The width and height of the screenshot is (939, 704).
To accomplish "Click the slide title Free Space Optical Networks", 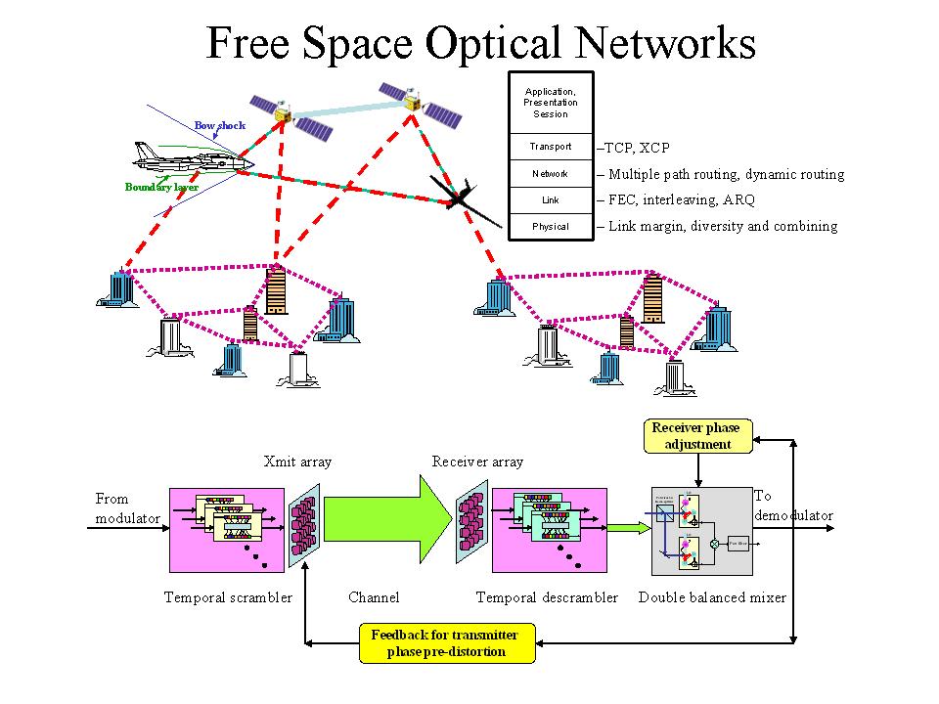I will [x=481, y=43].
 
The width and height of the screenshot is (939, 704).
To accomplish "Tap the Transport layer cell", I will [x=551, y=147].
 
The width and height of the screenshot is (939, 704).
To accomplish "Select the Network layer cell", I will [x=551, y=174].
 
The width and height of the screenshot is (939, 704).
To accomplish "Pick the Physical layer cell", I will [x=551, y=227].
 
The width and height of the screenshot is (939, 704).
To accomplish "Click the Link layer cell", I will [x=551, y=200].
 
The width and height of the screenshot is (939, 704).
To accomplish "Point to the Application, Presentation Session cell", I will [x=551, y=103].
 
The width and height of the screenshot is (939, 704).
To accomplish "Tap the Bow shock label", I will [x=220, y=125].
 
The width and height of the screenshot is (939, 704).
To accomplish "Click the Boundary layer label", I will [x=161, y=187].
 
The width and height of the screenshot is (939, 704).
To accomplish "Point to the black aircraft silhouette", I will [x=458, y=196].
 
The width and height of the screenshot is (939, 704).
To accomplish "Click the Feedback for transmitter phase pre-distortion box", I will [x=447, y=642].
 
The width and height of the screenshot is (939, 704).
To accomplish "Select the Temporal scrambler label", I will [x=228, y=596].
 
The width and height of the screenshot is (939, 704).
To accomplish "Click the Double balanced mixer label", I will [x=712, y=596].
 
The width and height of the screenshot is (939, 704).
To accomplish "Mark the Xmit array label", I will [x=298, y=462].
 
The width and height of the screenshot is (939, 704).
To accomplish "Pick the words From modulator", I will [x=127, y=508].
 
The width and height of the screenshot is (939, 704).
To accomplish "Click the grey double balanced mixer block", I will [x=702, y=531].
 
